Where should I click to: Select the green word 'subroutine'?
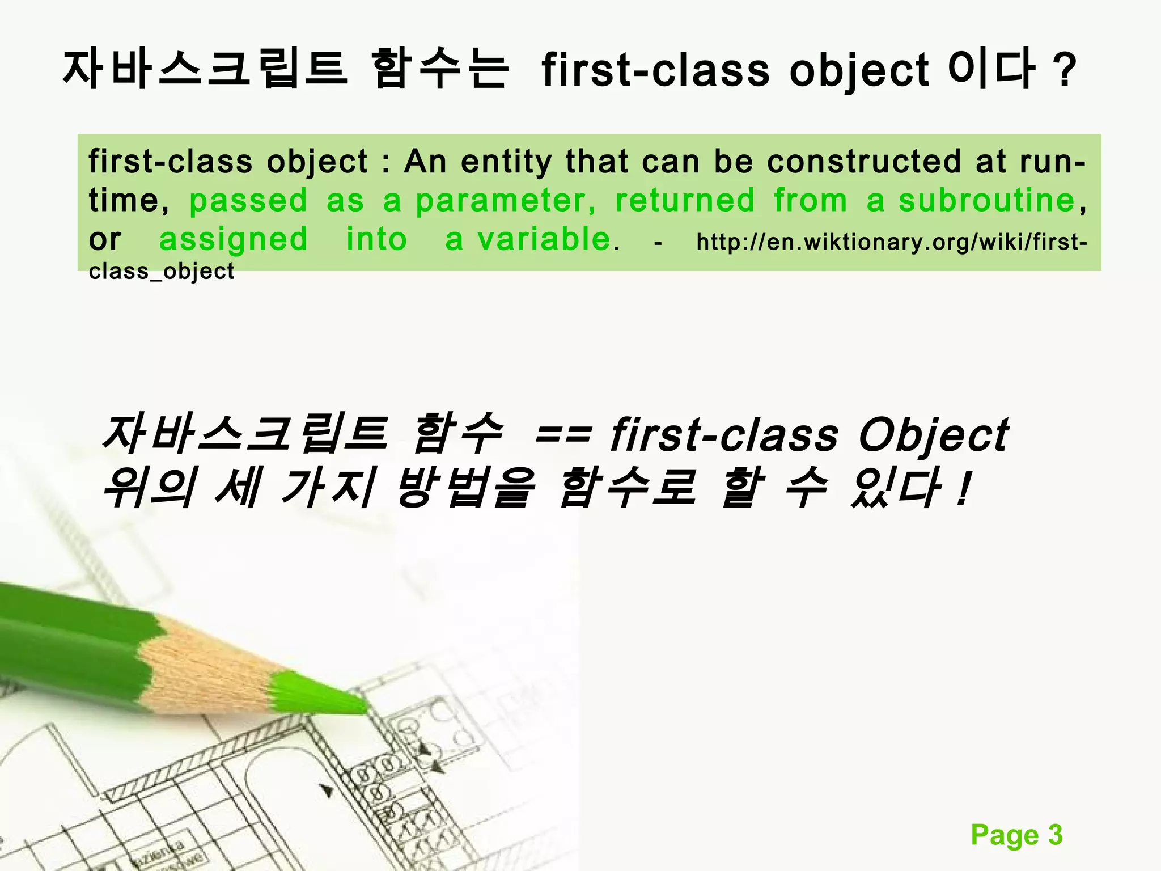click(987, 200)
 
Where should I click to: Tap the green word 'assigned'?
click(233, 239)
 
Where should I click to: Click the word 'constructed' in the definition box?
click(864, 162)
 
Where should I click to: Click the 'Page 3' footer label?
click(1016, 835)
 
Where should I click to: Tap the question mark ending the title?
click(1066, 71)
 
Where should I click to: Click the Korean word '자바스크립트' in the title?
click(204, 69)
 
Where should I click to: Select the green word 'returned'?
click(685, 200)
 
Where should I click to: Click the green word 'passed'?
click(248, 201)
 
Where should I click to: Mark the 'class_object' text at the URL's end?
click(162, 272)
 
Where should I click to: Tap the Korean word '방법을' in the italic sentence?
click(465, 488)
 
